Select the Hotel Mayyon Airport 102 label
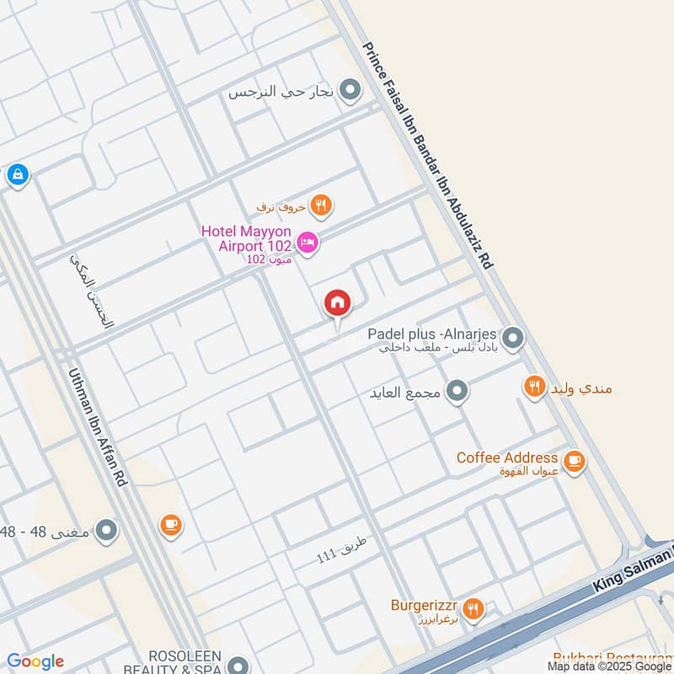[x=247, y=238]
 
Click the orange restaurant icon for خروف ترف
[x=320, y=204]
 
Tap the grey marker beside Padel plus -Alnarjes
[x=513, y=339]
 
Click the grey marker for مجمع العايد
[x=457, y=391]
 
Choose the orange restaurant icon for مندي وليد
[x=534, y=387]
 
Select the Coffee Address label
[x=506, y=457]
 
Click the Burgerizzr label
[x=423, y=605]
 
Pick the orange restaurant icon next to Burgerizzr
[x=473, y=609]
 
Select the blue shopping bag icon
[x=16, y=175]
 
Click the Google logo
[x=35, y=661]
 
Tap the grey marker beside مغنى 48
[x=106, y=532]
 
